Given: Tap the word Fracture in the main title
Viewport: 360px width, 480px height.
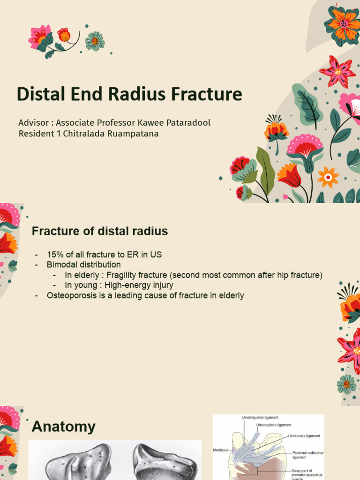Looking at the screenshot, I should (206, 94).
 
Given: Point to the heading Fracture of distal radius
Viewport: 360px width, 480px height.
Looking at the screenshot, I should (99, 231).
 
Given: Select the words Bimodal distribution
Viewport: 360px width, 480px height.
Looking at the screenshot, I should (83, 265).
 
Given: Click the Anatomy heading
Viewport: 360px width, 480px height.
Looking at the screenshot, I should (63, 427).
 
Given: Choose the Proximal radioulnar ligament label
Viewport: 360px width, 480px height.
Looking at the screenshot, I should (308, 455).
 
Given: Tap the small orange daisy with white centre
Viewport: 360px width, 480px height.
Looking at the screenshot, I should (328, 177).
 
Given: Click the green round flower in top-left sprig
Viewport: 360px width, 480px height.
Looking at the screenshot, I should (95, 41).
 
